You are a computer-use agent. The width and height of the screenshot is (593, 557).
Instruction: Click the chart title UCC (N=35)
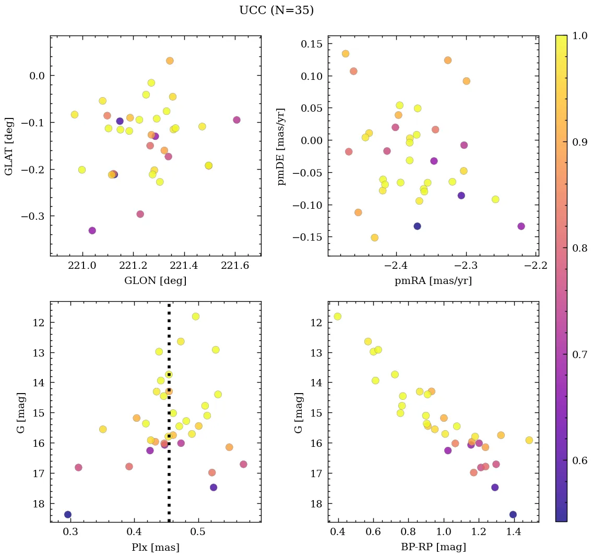point(276,10)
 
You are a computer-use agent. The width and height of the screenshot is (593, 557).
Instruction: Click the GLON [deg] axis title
point(155,281)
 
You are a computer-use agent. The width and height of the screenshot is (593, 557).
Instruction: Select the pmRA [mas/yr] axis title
point(433,281)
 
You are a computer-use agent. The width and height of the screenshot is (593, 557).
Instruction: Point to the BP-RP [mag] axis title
point(433,547)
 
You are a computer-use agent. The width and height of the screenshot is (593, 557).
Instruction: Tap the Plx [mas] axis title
point(155,547)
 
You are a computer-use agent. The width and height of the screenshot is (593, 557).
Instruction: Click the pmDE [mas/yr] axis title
point(282,146)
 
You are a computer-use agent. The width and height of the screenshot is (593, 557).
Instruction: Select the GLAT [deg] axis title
point(9,146)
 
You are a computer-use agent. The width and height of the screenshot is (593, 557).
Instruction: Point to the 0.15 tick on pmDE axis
point(312,44)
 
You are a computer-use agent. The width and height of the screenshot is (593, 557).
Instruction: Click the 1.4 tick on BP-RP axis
point(514,532)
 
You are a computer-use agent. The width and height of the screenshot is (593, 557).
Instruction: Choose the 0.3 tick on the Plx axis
point(71,532)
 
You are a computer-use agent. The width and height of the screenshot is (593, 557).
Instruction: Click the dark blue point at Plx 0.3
point(68,514)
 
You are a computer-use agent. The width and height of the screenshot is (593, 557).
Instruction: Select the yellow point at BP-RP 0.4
point(338,316)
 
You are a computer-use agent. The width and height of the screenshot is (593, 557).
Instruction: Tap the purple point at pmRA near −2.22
point(521,226)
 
